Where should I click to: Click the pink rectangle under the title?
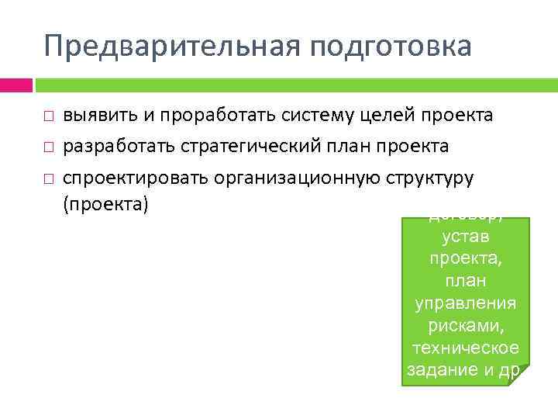coord(15,85)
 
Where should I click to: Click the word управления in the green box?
coord(465,301)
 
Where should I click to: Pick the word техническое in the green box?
coord(465,347)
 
